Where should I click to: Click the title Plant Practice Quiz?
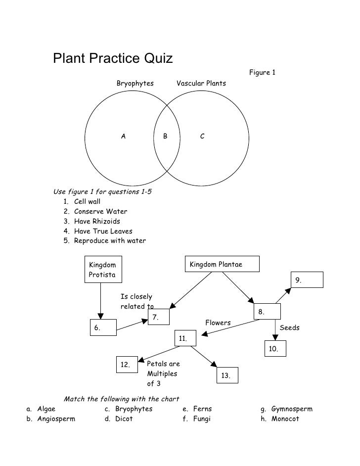click(113, 59)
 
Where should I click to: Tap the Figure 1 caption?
click(262, 73)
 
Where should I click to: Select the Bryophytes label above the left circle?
click(135, 83)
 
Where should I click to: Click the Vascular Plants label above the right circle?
click(201, 83)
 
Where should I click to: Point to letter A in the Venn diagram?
click(124, 136)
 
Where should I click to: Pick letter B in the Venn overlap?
click(166, 136)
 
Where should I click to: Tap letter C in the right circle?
click(202, 136)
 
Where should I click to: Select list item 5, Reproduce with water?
click(109, 241)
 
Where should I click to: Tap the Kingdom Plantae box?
click(222, 265)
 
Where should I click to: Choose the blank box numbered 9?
click(307, 280)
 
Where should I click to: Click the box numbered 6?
click(103, 327)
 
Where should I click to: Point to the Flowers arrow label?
click(218, 323)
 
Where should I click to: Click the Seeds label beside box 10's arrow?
click(290, 327)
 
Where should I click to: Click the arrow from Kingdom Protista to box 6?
click(101, 299)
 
